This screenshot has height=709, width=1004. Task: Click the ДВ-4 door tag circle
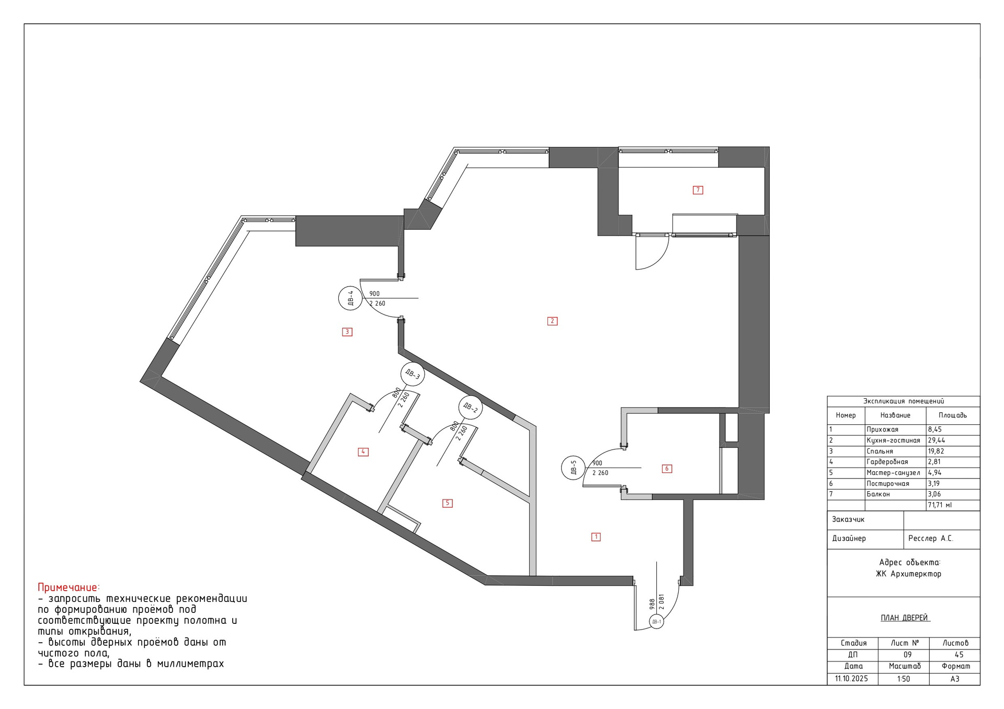click(350, 298)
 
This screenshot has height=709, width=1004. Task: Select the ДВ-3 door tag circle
click(412, 374)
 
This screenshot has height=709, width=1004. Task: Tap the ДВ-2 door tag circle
click(470, 408)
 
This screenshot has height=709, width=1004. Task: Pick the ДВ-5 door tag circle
click(573, 468)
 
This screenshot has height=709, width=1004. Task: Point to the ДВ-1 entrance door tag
click(656, 622)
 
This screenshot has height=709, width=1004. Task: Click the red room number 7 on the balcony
click(698, 190)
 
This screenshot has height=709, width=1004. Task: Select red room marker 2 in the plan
click(552, 321)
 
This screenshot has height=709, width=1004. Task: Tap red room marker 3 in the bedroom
click(347, 332)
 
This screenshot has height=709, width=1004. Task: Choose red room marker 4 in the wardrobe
click(363, 452)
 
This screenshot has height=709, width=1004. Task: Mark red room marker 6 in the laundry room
click(667, 469)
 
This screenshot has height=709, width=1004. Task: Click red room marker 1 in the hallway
click(596, 537)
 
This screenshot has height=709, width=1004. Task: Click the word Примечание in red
click(68, 587)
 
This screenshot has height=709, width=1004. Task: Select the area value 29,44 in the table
click(937, 440)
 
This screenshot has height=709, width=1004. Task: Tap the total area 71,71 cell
click(940, 505)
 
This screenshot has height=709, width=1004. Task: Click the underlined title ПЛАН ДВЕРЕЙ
click(904, 618)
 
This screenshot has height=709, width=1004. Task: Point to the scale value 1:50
click(904, 679)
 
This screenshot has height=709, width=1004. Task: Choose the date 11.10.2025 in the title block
click(851, 679)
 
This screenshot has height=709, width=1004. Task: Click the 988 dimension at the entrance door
click(652, 605)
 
